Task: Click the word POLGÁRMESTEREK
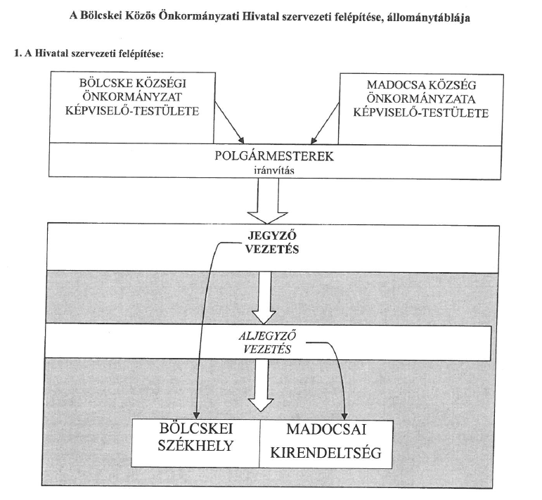pos(274,156)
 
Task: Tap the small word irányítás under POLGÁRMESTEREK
pos(274,171)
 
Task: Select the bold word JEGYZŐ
pos(272,236)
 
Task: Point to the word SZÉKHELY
pos(196,446)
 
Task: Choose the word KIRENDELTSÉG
pos(325,453)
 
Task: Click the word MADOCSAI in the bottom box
pos(326,430)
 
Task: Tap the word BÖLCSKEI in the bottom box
pos(196,429)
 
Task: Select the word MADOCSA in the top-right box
pos(392,85)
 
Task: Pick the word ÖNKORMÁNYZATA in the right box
pos(421,99)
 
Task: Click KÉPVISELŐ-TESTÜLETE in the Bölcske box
pos(132,111)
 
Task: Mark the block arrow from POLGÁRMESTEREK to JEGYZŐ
pos(268,202)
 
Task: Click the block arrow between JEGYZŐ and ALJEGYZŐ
pos(264,297)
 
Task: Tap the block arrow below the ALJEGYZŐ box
pos(262,385)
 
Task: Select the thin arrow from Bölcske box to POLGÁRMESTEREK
pos(229,122)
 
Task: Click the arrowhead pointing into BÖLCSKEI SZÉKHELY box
pos(196,415)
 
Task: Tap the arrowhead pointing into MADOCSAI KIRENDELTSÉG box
pos(344,416)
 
